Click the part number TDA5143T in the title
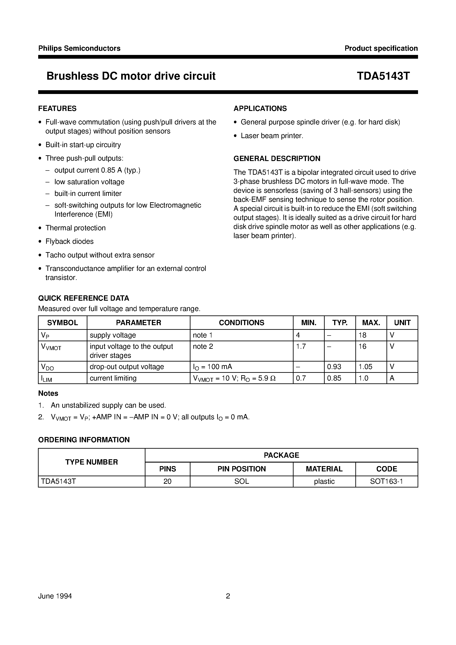click(383, 76)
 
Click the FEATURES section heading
click(57, 109)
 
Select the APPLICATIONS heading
click(260, 109)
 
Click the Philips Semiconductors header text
click(79, 48)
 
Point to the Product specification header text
click(381, 48)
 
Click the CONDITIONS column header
click(241, 322)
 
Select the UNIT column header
click(402, 322)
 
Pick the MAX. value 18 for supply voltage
click(362, 335)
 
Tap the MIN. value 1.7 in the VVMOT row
click(301, 346)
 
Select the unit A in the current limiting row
click(392, 378)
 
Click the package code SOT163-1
click(386, 481)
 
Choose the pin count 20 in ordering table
click(167, 481)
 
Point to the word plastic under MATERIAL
click(324, 481)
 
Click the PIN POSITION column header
click(241, 469)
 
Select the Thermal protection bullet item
click(75, 228)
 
